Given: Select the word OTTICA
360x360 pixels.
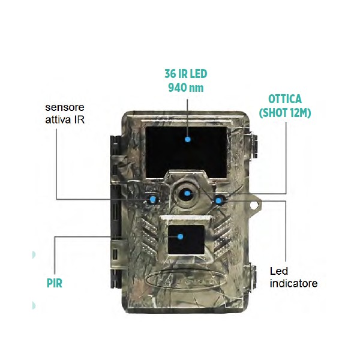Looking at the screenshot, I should (x=285, y=99).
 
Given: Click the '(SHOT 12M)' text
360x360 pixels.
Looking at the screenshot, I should (x=285, y=112).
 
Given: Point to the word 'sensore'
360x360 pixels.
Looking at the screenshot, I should (x=65, y=107).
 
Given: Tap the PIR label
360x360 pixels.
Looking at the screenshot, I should (x=54, y=281).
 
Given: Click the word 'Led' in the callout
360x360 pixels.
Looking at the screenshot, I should (x=279, y=271).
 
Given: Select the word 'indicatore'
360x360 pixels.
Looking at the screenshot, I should (x=293, y=283).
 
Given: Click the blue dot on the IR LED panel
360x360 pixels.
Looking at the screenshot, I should (x=188, y=139).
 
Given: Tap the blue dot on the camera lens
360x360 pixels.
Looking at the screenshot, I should (x=188, y=193).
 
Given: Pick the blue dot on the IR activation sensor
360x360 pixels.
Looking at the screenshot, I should (x=153, y=199).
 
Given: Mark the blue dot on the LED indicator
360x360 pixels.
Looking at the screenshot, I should (x=219, y=199).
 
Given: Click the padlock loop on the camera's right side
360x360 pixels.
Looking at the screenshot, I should (x=256, y=204).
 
